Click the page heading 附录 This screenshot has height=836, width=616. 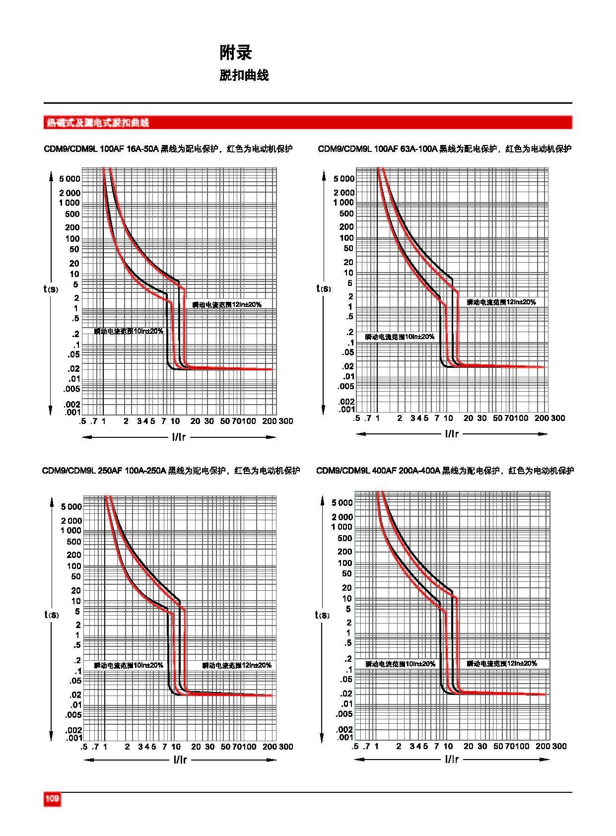(x=236, y=53)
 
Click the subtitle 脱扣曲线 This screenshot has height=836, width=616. (x=244, y=75)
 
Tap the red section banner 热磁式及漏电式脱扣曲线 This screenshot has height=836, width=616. (x=97, y=123)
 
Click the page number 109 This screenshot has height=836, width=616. (x=52, y=799)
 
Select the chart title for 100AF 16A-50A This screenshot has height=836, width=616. (x=168, y=149)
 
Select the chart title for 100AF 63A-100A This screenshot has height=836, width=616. (x=444, y=149)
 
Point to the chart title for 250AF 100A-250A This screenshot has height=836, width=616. (x=171, y=471)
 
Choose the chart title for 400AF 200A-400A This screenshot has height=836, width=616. (x=445, y=471)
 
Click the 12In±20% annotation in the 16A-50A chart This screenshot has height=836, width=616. (x=227, y=304)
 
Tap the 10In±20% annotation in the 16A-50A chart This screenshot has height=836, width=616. (x=129, y=331)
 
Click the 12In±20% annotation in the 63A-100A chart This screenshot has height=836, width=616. (x=501, y=302)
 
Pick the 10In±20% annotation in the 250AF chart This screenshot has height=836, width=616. (x=129, y=665)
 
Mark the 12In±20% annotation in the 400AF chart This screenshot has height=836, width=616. (x=502, y=663)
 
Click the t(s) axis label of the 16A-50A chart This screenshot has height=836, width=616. (x=51, y=288)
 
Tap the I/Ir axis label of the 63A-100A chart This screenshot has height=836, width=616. (x=452, y=434)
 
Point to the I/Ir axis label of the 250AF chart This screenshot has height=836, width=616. (x=180, y=760)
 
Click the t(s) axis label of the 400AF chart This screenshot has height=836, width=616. (x=322, y=615)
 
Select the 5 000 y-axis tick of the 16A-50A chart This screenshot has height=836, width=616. (x=70, y=179)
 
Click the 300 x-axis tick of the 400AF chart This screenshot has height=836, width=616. (x=559, y=746)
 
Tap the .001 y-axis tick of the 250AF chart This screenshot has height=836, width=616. (x=73, y=738)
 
